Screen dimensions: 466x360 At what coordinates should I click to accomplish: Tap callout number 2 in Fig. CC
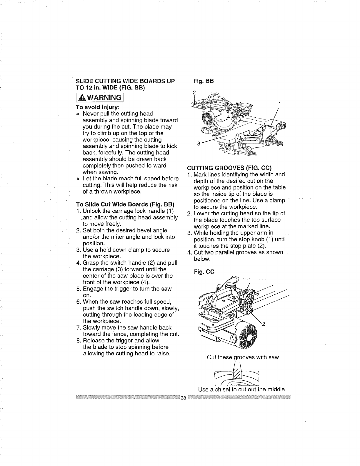tap(264, 324)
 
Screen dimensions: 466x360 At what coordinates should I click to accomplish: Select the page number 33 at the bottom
tap(184, 398)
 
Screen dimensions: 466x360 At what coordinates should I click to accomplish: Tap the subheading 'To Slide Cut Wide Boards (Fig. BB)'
tap(125, 204)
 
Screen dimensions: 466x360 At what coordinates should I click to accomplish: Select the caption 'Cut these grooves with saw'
tap(243, 357)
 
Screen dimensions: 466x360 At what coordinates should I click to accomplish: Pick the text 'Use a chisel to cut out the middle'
tap(241, 390)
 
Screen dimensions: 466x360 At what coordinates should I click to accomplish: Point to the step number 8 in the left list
tap(79, 341)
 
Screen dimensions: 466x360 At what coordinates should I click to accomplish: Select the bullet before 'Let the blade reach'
tap(78, 179)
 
